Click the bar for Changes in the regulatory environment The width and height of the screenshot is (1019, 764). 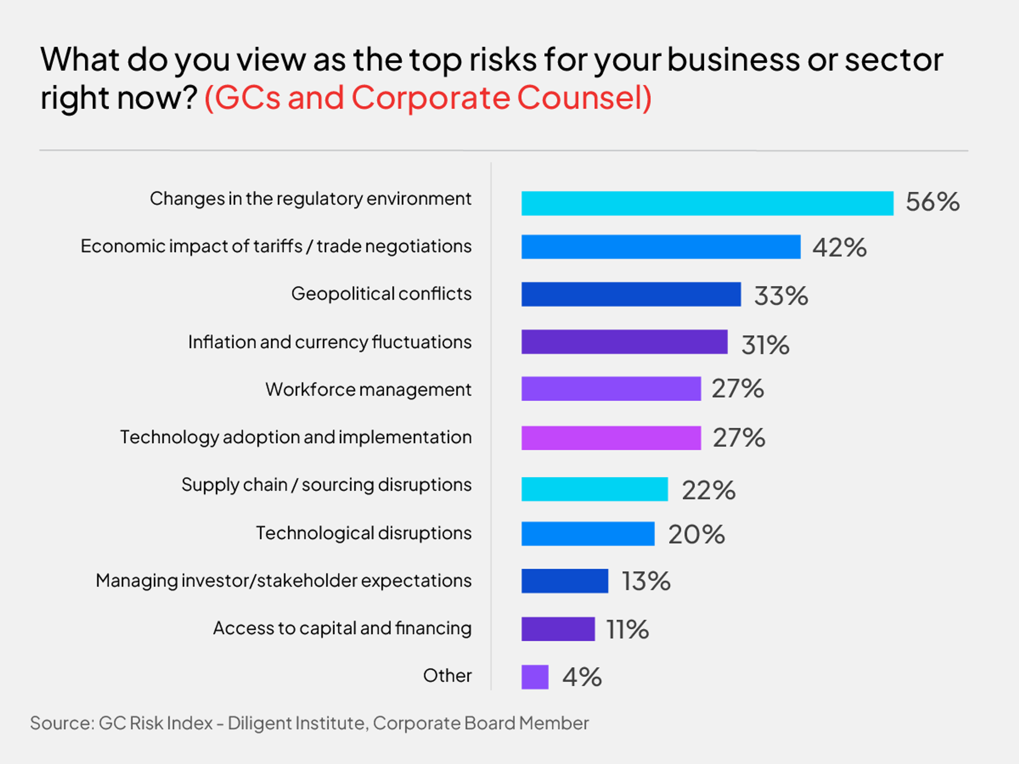707,203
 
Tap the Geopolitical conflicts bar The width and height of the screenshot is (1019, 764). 631,294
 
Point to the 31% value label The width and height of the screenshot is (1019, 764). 765,345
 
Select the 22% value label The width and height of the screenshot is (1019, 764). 709,490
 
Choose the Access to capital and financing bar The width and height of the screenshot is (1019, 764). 558,629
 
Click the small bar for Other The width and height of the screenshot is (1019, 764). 534,677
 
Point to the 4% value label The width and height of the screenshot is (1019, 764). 582,677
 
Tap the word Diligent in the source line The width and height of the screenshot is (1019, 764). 261,723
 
